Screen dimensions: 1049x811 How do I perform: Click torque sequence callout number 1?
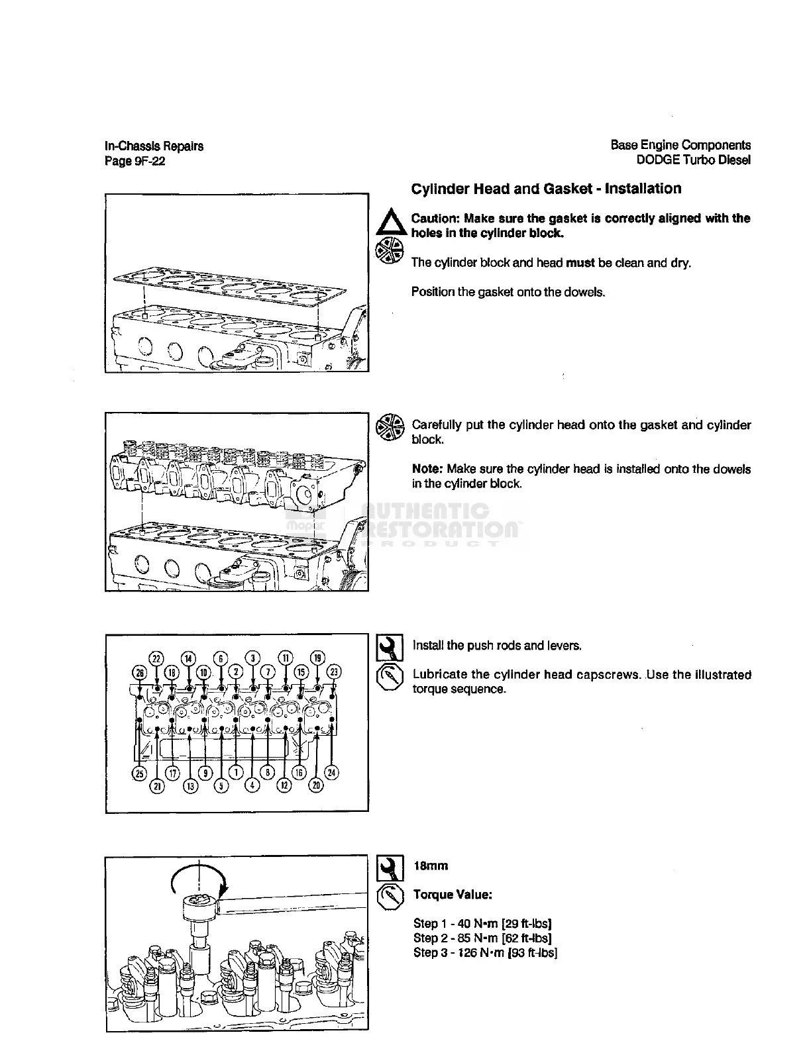pyautogui.click(x=236, y=772)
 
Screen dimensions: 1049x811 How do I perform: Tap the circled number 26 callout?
pyautogui.click(x=140, y=672)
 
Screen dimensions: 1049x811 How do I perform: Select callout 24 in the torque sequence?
pyautogui.click(x=332, y=772)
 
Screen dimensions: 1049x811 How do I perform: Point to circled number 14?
pyautogui.click(x=189, y=658)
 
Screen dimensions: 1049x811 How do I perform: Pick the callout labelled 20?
pyautogui.click(x=316, y=785)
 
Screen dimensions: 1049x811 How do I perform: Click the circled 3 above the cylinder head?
pyautogui.click(x=253, y=658)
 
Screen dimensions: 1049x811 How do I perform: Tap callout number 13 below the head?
pyautogui.click(x=189, y=785)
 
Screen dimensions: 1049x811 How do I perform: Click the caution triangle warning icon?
pyautogui.click(x=389, y=221)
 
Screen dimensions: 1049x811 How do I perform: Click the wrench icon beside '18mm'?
pyautogui.click(x=390, y=866)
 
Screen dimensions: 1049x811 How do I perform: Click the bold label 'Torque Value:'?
pyautogui.click(x=452, y=895)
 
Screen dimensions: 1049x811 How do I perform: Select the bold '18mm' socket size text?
pyautogui.click(x=431, y=866)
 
